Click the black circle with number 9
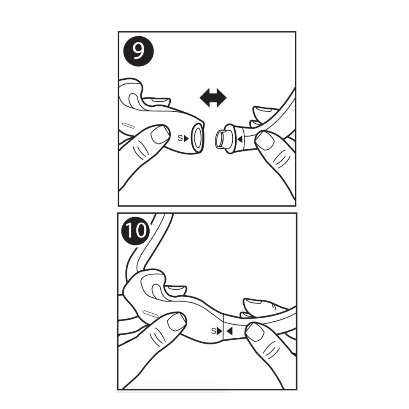(139, 51)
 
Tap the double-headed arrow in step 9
(213, 98)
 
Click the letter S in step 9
(180, 138)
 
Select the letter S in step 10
(214, 331)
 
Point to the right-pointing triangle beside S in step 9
(186, 138)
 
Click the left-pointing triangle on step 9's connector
(240, 139)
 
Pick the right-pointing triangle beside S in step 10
(220, 331)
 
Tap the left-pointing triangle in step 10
(229, 331)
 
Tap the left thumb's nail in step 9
(160, 134)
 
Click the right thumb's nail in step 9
(265, 140)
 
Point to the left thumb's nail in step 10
(177, 322)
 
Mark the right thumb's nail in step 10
(255, 331)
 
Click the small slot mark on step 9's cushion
(129, 126)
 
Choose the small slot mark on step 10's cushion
(151, 313)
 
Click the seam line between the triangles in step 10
(224, 327)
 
